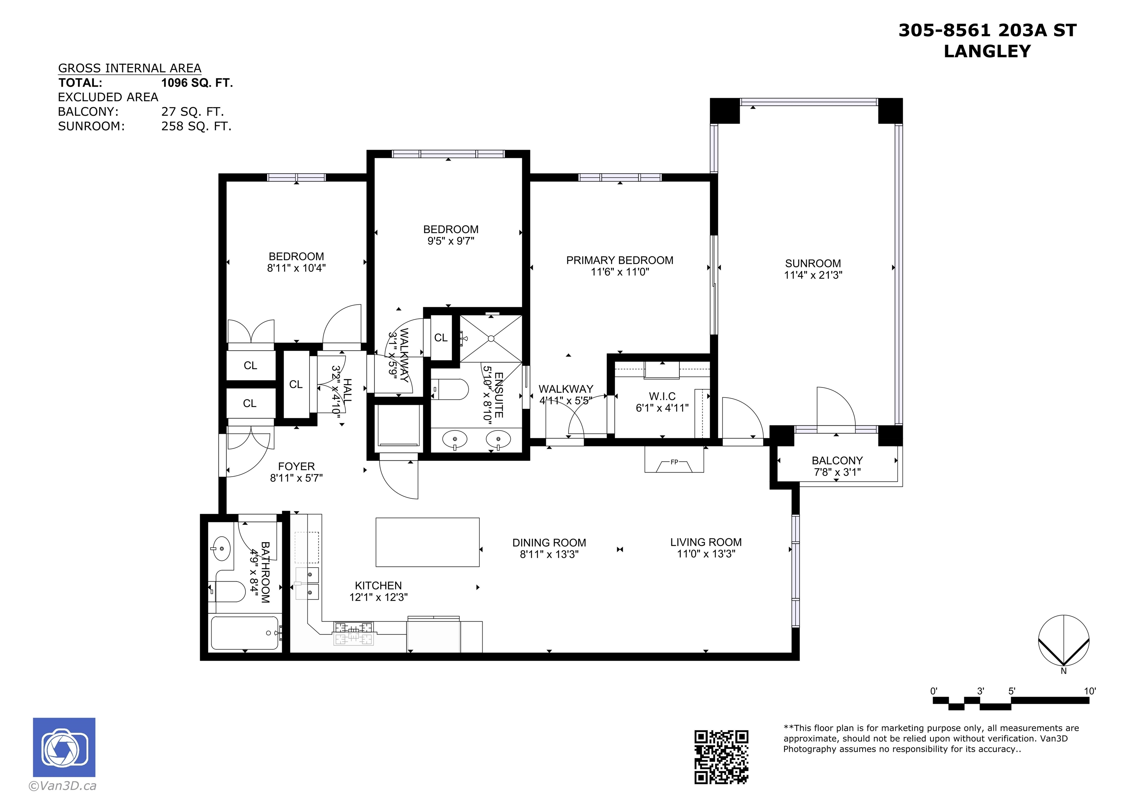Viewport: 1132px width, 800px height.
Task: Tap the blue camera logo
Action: click(x=64, y=747)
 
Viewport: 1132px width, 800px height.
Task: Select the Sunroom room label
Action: click(x=813, y=264)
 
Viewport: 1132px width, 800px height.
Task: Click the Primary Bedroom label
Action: click(x=620, y=260)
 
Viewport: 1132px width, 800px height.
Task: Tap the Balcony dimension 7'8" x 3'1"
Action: click(x=837, y=472)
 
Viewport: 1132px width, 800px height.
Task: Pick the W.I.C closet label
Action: click(x=662, y=396)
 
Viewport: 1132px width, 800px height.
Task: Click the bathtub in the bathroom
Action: click(x=245, y=633)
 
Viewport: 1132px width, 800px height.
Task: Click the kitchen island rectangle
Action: click(x=427, y=542)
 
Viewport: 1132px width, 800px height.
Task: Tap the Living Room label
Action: click(x=706, y=542)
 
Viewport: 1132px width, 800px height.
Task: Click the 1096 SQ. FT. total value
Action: click(x=197, y=83)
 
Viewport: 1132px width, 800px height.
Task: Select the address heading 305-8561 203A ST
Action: click(x=988, y=31)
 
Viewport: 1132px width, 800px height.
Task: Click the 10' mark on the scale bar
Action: click(x=1090, y=691)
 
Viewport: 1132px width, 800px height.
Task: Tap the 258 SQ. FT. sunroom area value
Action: click(x=196, y=126)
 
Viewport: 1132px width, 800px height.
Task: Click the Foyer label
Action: click(x=296, y=466)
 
